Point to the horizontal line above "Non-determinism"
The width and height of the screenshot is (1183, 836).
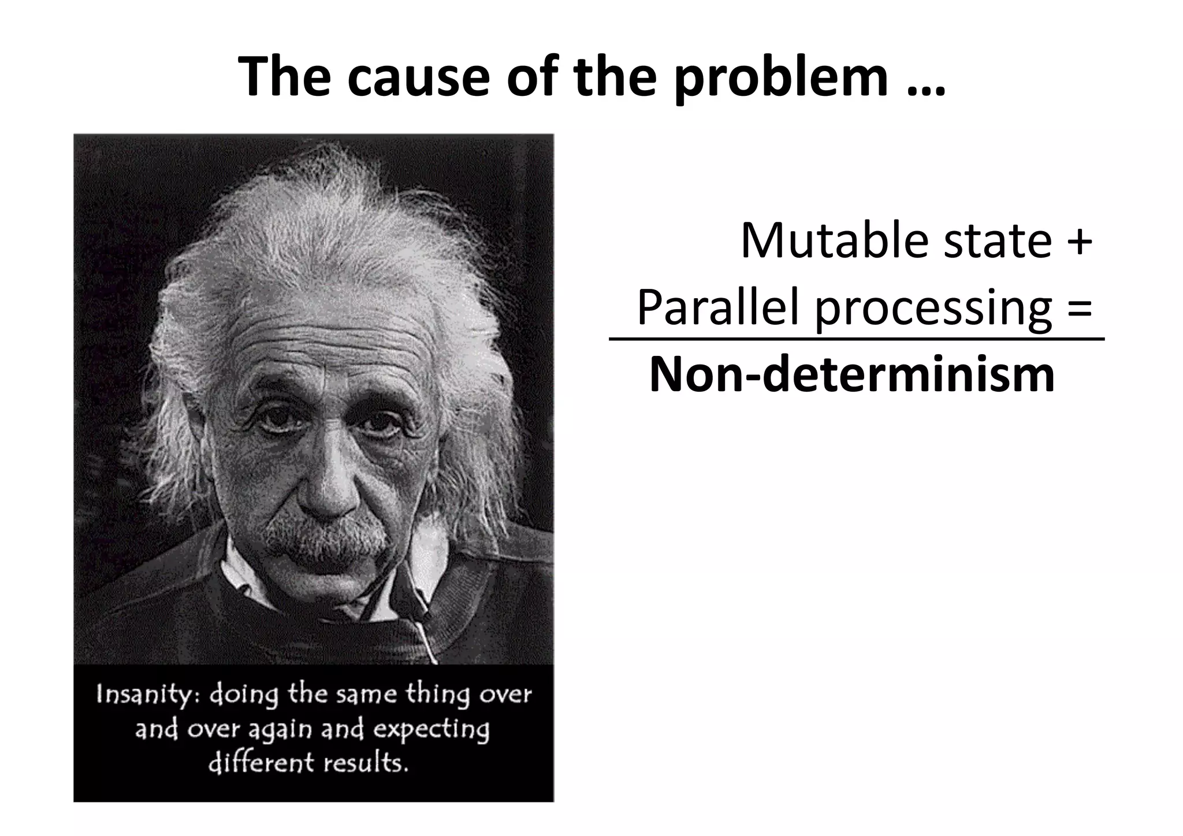(x=856, y=339)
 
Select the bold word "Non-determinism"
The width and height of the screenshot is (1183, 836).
(x=852, y=375)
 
